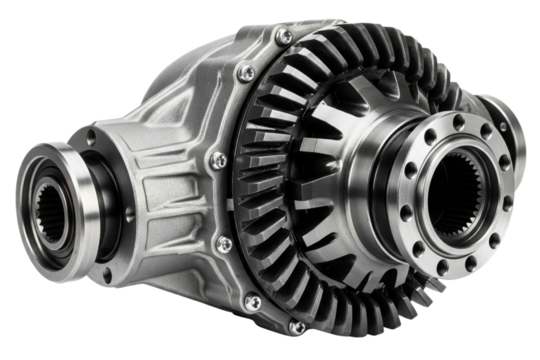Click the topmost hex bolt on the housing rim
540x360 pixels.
284,38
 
